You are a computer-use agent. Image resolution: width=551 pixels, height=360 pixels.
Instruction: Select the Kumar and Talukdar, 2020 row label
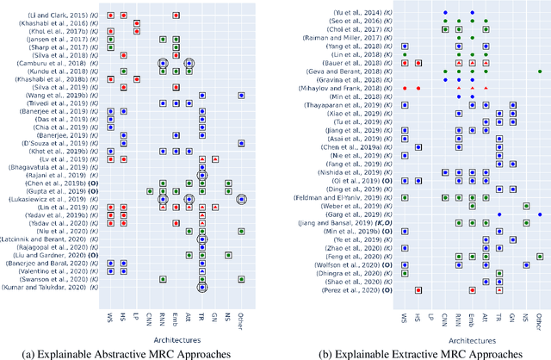click(61, 287)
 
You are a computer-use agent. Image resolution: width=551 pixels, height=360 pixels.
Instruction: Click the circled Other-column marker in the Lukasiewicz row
click(242, 198)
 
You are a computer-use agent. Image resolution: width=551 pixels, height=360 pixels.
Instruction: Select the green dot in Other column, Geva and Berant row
click(540, 71)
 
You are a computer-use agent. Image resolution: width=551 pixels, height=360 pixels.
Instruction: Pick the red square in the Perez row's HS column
click(418, 290)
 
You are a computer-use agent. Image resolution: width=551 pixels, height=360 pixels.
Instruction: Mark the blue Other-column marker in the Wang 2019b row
click(242, 96)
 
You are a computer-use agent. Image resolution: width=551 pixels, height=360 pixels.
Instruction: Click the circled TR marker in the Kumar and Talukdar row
click(201, 287)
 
